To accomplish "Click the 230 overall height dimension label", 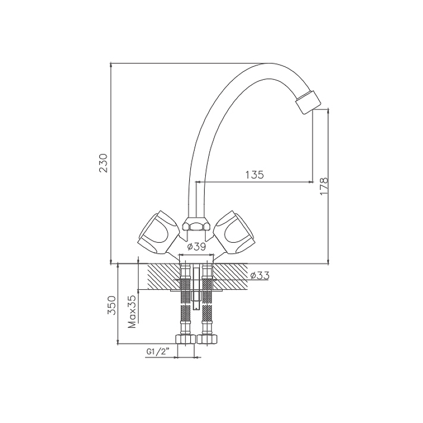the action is click(x=104, y=163).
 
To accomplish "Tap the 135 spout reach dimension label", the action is click(x=254, y=175).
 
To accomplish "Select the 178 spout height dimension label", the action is click(x=324, y=186).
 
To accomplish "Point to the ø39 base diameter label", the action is click(x=196, y=246).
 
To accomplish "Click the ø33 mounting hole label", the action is click(x=260, y=275).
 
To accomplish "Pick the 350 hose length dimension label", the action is click(x=112, y=305).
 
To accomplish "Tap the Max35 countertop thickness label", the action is click(x=132, y=311).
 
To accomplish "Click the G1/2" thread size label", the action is click(x=158, y=352).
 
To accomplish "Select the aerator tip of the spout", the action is click(x=308, y=103).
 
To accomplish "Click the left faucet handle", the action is click(x=155, y=232).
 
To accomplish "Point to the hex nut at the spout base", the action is click(x=196, y=225).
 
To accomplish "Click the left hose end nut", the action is click(x=186, y=339).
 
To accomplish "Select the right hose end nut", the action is click(x=207, y=339).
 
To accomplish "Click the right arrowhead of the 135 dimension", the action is click(x=310, y=182).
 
